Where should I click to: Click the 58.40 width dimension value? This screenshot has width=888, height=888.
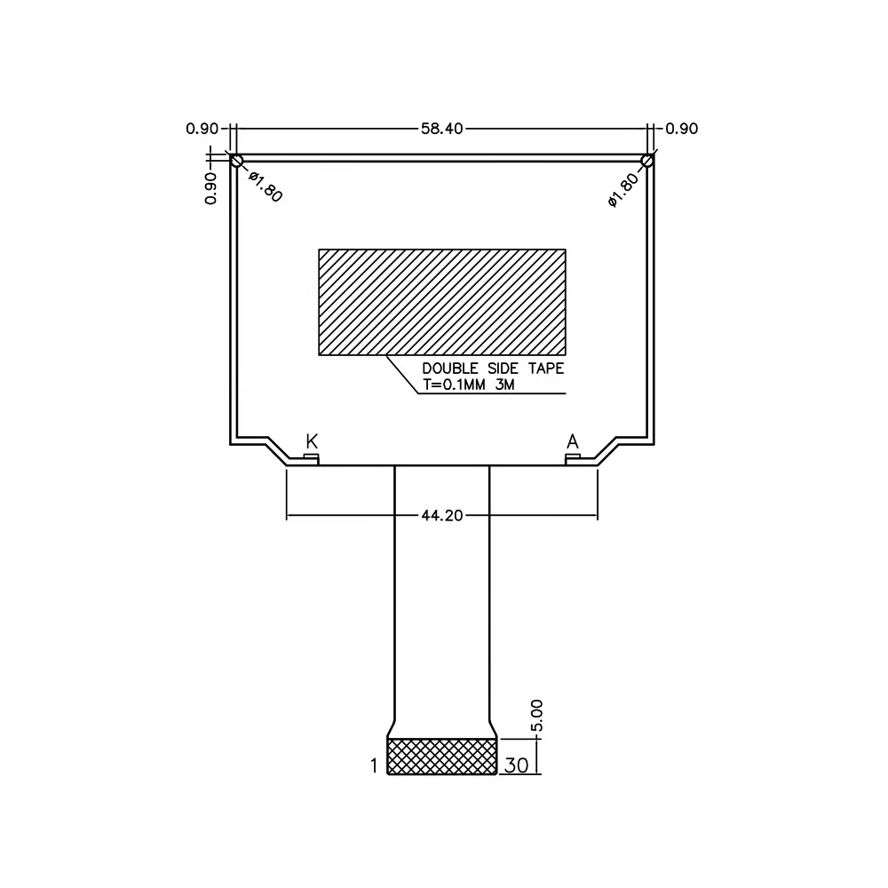click(x=442, y=129)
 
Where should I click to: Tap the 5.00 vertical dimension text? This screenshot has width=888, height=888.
click(x=536, y=716)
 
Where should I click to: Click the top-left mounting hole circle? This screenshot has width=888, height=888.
click(x=236, y=161)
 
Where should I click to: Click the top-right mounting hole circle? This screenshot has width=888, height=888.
click(x=647, y=161)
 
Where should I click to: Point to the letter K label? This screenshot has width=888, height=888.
click(x=312, y=441)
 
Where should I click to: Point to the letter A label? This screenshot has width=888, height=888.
click(x=573, y=441)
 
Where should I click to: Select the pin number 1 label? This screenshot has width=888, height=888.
click(x=374, y=765)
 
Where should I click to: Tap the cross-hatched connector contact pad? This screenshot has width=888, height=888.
click(x=442, y=756)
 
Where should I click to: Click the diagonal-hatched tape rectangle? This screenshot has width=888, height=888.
click(x=442, y=302)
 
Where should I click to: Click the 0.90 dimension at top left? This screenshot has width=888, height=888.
click(x=202, y=129)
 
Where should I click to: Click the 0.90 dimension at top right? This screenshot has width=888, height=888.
click(x=682, y=129)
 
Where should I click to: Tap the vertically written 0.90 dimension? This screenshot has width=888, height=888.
click(x=211, y=188)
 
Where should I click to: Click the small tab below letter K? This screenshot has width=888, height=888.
click(x=311, y=457)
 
